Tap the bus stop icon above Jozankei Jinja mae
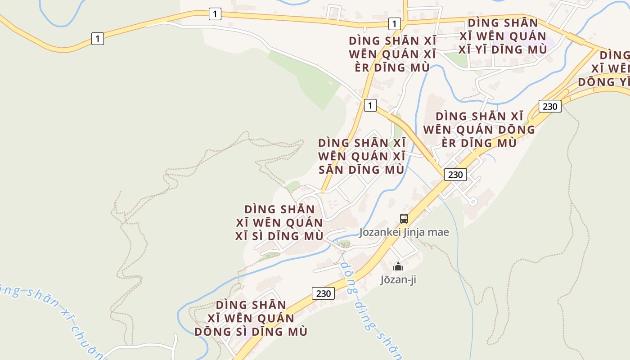404,219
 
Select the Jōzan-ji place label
398,279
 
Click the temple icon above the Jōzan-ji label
398,266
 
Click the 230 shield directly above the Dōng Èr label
550,107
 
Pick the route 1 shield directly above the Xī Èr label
394,23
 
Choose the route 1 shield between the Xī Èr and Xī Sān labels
370,105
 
